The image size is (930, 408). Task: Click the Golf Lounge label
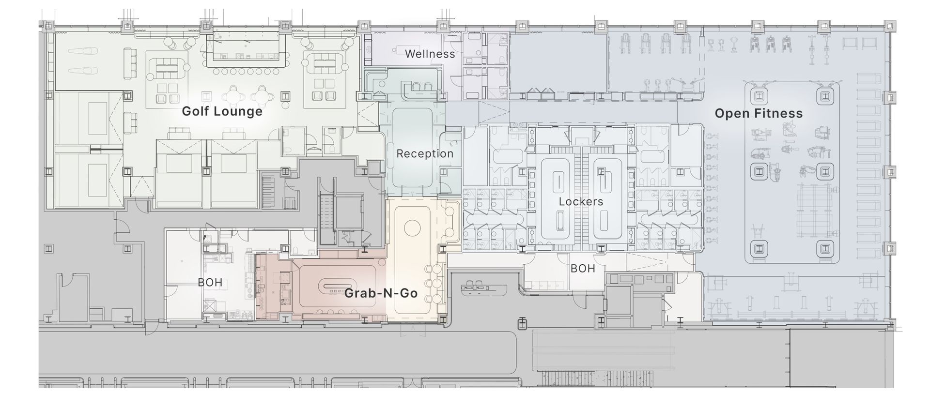tap(222, 112)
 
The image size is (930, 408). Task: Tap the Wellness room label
tap(430, 54)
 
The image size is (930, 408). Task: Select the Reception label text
tap(425, 154)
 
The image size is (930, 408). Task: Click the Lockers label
tap(581, 201)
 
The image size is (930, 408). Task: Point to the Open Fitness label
tap(759, 114)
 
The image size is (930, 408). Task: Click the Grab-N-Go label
tap(381, 293)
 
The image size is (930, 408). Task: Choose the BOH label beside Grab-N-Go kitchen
tap(210, 282)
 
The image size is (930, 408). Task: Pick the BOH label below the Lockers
tap(582, 269)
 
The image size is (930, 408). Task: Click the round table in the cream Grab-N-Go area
tap(412, 227)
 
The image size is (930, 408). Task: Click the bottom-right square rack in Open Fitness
tap(824, 249)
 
